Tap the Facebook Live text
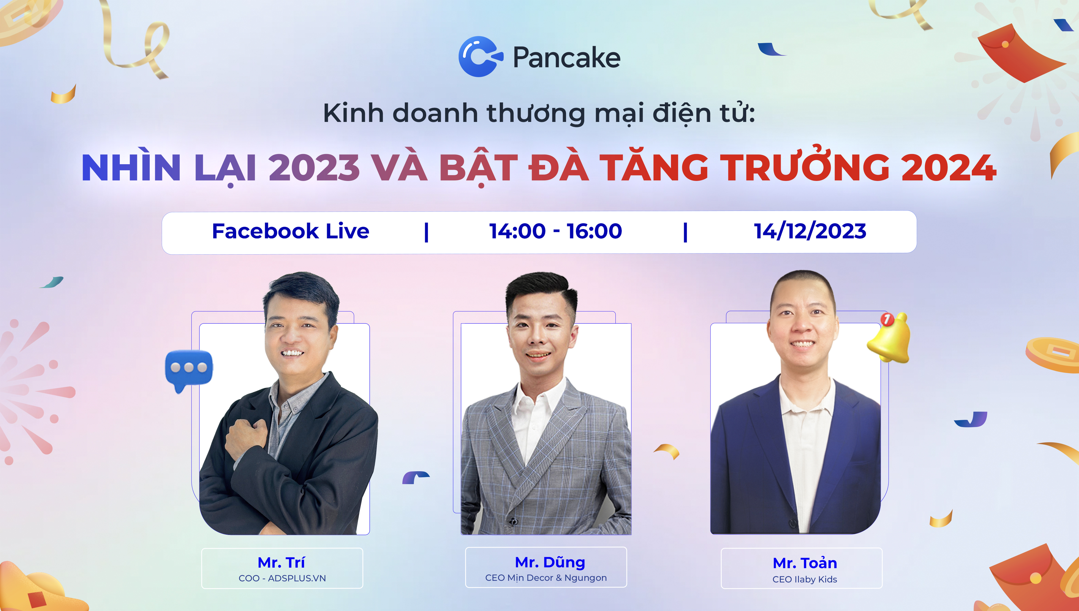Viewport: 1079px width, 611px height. tap(291, 231)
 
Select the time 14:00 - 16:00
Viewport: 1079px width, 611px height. tap(556, 231)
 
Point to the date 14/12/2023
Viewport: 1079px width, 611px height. tap(810, 231)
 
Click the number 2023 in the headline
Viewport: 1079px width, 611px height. tap(314, 168)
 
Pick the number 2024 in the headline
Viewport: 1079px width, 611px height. tap(949, 168)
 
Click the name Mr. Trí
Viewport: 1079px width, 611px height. tap(281, 562)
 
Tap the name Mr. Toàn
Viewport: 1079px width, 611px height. tap(805, 563)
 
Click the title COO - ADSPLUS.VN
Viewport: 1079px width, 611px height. tap(282, 578)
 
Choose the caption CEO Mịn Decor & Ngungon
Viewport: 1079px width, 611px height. tap(546, 578)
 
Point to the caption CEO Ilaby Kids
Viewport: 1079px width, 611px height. tap(805, 579)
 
